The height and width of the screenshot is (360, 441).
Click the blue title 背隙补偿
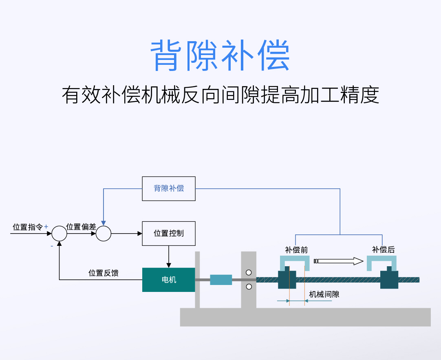(x=220, y=56)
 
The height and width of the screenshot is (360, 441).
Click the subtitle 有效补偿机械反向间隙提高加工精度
(x=220, y=95)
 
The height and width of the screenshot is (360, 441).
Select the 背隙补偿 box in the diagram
(x=168, y=188)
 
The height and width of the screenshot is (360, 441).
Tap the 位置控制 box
(x=168, y=233)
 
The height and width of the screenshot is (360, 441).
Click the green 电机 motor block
(x=168, y=280)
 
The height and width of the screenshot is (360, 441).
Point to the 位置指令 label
(x=27, y=227)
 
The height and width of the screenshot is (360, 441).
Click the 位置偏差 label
(x=81, y=227)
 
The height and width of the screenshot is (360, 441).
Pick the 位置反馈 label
(x=104, y=273)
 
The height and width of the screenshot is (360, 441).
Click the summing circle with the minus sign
(x=60, y=234)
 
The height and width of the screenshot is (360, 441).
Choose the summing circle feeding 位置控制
(x=104, y=234)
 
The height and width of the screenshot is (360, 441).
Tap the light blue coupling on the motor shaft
(x=221, y=280)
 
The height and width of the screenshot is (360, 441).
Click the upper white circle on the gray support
(x=249, y=272)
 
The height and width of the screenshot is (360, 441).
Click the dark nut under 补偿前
(x=287, y=279)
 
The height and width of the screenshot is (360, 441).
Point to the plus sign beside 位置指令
(x=46, y=226)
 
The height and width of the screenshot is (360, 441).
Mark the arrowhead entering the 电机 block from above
(x=169, y=265)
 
